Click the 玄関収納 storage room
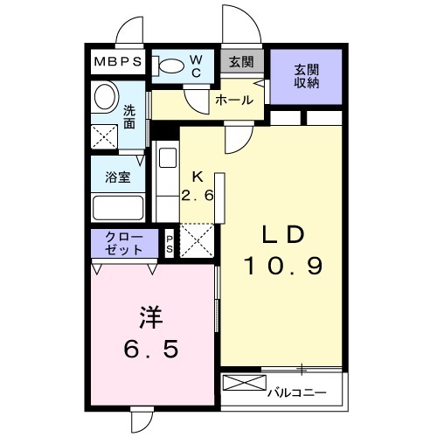(x=306, y=76)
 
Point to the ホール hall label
(x=234, y=101)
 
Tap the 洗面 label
(x=129, y=117)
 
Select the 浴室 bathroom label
(x=118, y=177)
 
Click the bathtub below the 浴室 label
(x=118, y=209)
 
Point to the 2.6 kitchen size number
(x=198, y=194)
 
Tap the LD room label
(x=282, y=235)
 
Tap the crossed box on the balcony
(x=242, y=383)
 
